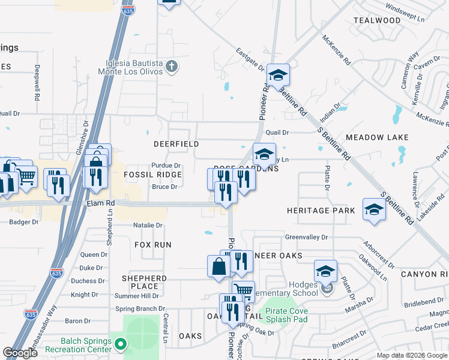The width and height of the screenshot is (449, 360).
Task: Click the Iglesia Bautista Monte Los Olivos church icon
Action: click(x=172, y=66)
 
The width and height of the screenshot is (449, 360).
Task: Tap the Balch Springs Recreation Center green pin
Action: click(x=121, y=344)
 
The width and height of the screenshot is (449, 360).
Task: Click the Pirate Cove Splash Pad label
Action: click(x=287, y=315)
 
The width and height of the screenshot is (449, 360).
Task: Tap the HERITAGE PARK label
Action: click(x=316, y=211)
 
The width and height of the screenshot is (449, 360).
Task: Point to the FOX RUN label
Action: click(x=152, y=245)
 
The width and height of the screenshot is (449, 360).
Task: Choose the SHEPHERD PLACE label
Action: click(x=144, y=282)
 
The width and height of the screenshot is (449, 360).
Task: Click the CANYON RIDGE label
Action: click(x=424, y=274)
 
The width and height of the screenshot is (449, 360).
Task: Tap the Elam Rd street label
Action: click(x=100, y=203)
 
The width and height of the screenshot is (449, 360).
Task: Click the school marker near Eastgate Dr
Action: click(x=278, y=75)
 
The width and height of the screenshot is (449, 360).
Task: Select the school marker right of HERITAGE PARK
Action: click(x=374, y=209)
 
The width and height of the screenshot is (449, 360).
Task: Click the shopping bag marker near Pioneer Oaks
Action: click(x=218, y=265)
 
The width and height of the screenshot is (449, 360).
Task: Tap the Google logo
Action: click(x=20, y=353)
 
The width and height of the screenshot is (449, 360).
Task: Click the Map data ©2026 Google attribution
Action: click(x=411, y=355)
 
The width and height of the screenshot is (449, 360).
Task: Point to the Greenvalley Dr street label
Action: click(x=306, y=237)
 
